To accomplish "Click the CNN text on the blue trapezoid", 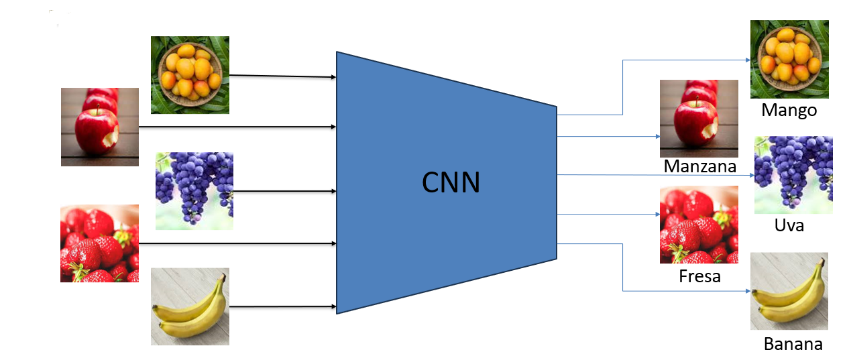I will pos(451,182).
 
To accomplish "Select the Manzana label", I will pos(700,166).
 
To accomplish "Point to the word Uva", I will pos(789,225).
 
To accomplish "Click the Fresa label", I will pos(699,275).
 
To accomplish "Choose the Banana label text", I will pos(793,345).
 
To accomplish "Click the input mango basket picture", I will pos(190,75).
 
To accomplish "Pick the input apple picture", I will pos(99,127).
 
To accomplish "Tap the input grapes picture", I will pos(194,190).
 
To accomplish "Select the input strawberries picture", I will pos(99,243).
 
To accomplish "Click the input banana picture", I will pos(190,306).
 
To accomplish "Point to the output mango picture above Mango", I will pos(789,59).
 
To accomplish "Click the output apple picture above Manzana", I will pos(699,119).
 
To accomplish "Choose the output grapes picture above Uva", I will pos(793,175).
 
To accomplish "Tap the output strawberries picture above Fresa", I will pos(699,225).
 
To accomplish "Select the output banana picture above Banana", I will pos(789,291).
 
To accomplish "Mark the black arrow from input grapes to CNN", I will pos(284,191).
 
